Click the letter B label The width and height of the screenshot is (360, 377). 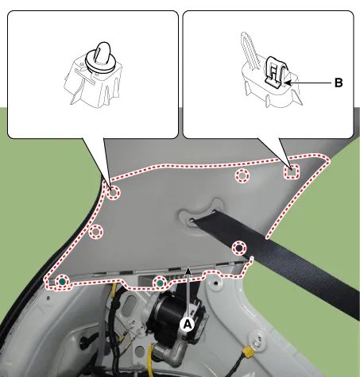[x=339, y=83]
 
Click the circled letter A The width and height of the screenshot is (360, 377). [x=188, y=324]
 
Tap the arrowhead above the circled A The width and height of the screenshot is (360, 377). [x=188, y=270]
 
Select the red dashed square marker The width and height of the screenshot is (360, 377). [x=292, y=171]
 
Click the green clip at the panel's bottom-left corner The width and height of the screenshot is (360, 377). [x=62, y=282]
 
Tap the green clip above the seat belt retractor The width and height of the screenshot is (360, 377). [x=160, y=283]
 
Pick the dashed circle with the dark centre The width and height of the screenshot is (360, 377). [x=239, y=248]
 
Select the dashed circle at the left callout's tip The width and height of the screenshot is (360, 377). [x=113, y=193]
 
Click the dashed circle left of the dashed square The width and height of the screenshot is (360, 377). [x=242, y=175]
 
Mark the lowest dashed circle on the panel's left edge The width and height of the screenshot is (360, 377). [x=95, y=232]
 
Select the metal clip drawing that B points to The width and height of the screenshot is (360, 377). [x=276, y=72]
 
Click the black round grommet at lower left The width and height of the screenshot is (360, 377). [x=85, y=342]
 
